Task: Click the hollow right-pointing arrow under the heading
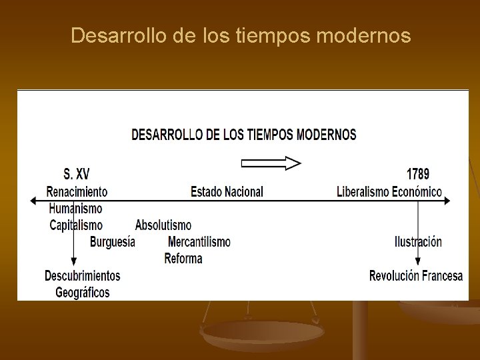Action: click(271, 163)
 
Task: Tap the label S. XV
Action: click(76, 175)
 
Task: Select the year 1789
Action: click(417, 174)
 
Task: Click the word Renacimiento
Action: click(77, 191)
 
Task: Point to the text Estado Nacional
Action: click(227, 191)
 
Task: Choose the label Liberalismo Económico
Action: click(389, 191)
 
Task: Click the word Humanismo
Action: click(75, 209)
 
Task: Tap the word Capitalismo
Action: click(77, 225)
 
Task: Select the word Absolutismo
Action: click(163, 225)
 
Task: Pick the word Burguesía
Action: click(113, 241)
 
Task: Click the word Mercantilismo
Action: click(199, 241)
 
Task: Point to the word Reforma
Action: click(183, 258)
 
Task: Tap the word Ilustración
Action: click(418, 241)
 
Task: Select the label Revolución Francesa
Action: click(416, 275)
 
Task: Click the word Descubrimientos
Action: click(83, 275)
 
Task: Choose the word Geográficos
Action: click(83, 292)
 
